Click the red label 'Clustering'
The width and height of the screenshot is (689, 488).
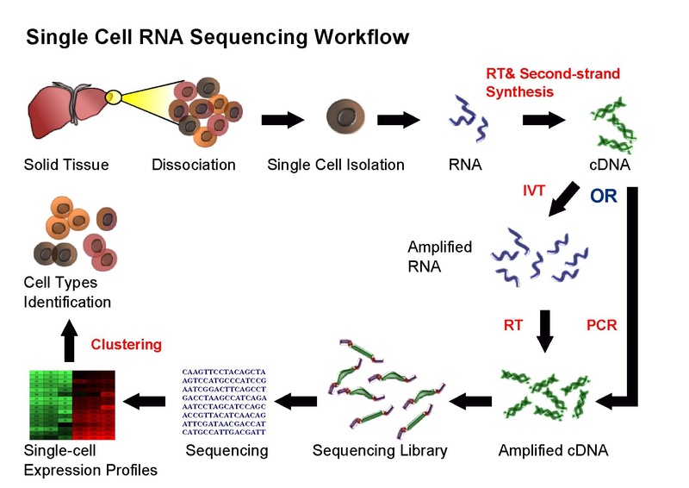(x=127, y=344)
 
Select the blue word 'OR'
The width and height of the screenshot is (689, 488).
(x=604, y=196)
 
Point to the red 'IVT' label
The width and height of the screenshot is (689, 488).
(x=534, y=191)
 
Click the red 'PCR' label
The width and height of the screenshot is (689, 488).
(x=599, y=326)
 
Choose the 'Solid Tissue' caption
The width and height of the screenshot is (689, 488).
(x=66, y=164)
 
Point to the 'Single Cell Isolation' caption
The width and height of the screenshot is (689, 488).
(x=335, y=164)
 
